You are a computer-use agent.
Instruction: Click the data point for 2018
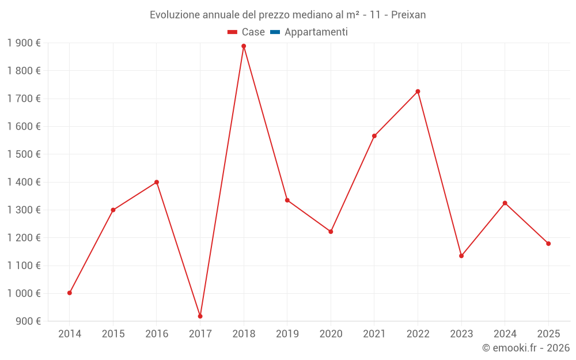(244, 46)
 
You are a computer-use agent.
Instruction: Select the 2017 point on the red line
(200, 316)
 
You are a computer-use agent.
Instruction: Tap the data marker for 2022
(418, 92)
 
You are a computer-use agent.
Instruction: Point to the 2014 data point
(70, 293)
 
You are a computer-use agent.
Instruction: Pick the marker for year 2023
(461, 256)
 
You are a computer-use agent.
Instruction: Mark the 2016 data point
(157, 182)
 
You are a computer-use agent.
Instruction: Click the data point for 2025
(548, 244)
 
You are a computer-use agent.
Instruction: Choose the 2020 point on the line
(331, 232)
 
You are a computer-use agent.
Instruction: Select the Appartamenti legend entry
(316, 32)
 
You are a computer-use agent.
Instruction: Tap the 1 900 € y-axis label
(24, 43)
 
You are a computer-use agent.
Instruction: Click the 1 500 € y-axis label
(24, 154)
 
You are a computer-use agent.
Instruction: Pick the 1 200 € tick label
(24, 238)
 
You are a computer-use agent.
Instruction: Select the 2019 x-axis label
(287, 334)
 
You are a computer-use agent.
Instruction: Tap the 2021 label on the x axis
(374, 334)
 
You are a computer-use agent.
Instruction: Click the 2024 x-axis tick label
(505, 334)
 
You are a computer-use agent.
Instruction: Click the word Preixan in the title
(408, 15)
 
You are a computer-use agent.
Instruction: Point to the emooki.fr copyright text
(525, 348)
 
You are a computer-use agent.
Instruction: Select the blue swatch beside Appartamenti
(275, 32)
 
